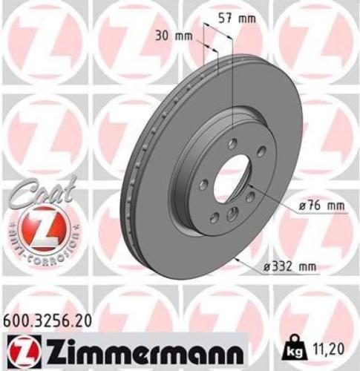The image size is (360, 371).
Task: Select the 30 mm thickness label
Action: (173, 35)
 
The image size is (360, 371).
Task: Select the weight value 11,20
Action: (333, 347)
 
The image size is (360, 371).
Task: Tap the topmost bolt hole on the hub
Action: (233, 143)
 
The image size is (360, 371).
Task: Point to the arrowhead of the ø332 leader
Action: (236, 258)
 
